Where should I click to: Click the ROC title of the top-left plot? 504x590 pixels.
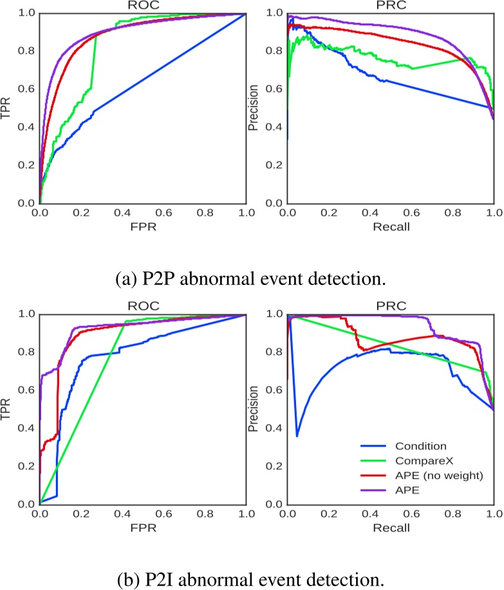click(x=142, y=6)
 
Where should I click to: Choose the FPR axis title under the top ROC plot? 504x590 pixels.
click(x=142, y=226)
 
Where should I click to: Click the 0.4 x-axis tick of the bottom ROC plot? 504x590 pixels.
click(x=122, y=515)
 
